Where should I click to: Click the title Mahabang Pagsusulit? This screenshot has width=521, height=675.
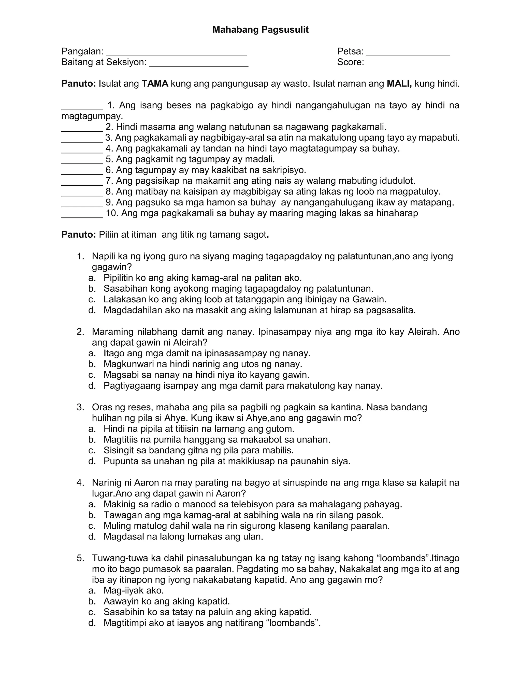[260, 30]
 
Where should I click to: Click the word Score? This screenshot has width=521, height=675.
[350, 62]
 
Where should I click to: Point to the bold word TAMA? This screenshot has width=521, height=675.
[155, 84]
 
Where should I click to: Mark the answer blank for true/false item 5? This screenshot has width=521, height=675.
[82, 161]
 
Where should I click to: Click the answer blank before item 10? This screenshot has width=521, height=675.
[82, 215]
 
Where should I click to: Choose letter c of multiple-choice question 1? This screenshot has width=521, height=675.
[91, 299]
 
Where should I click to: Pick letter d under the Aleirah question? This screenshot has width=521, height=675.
[91, 386]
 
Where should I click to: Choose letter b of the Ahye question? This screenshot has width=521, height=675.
[91, 439]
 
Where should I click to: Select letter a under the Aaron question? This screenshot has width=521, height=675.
[91, 504]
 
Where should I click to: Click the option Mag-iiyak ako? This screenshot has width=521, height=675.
[133, 591]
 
